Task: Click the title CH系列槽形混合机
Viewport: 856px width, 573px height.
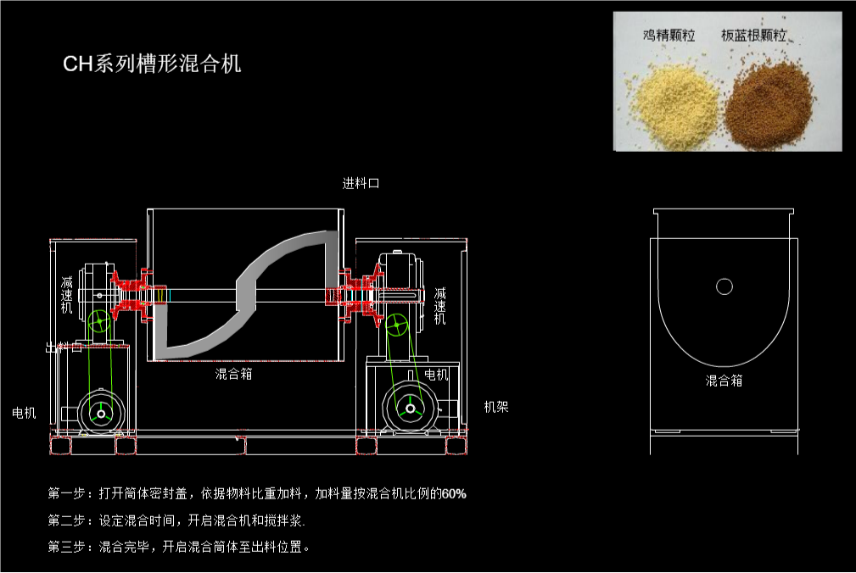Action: click(x=153, y=64)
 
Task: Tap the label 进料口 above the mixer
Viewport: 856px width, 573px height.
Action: click(x=361, y=184)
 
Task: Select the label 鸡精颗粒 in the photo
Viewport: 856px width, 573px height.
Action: click(x=669, y=36)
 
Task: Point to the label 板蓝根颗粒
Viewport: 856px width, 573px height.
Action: click(x=754, y=36)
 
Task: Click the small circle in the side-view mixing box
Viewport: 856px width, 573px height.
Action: click(x=724, y=286)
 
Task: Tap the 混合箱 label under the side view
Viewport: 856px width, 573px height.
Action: click(x=724, y=381)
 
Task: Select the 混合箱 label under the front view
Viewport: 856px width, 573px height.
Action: click(x=233, y=374)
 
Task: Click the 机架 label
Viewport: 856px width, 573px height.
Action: click(x=496, y=407)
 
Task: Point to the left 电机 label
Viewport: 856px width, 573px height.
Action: click(x=24, y=413)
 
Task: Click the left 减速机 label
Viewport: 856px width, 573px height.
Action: click(x=67, y=295)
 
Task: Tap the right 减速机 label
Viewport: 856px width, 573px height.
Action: click(x=439, y=306)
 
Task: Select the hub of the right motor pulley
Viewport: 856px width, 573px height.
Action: click(x=411, y=409)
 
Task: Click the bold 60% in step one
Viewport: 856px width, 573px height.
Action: click(x=454, y=494)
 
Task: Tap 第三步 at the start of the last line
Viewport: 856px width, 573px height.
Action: click(x=66, y=547)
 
